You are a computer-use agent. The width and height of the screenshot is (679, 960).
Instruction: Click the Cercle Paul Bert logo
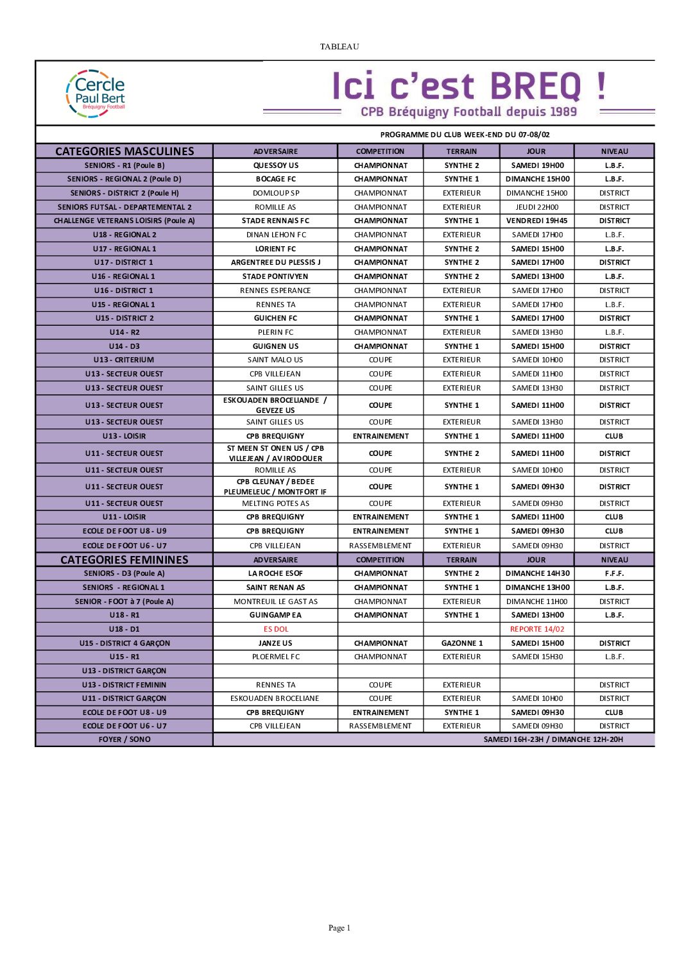click(x=96, y=94)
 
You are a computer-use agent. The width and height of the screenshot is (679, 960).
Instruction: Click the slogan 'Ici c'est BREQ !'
click(x=468, y=86)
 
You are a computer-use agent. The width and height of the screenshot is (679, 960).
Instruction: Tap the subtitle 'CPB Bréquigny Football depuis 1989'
click(x=468, y=112)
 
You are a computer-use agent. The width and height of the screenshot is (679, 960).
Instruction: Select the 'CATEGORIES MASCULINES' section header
click(x=125, y=151)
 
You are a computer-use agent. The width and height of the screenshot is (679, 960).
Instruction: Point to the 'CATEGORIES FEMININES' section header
click(x=125, y=560)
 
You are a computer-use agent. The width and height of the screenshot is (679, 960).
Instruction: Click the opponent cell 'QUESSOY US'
click(x=275, y=165)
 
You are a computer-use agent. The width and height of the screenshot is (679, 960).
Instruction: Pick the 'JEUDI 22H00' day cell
click(x=537, y=207)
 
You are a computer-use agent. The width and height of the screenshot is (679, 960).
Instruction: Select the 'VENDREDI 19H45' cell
click(x=537, y=221)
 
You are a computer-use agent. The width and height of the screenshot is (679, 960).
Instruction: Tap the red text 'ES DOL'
click(x=275, y=629)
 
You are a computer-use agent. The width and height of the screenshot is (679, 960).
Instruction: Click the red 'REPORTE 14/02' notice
click(x=537, y=629)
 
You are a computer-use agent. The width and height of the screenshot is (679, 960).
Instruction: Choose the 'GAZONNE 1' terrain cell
click(x=461, y=643)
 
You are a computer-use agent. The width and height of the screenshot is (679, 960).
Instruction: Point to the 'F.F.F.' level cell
click(x=614, y=573)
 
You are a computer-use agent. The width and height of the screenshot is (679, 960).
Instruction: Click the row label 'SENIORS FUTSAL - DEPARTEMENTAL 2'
click(x=125, y=207)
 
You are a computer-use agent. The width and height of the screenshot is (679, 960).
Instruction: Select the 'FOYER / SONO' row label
click(x=125, y=739)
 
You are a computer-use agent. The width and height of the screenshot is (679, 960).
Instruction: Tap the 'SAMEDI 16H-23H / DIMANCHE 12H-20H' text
click(x=553, y=739)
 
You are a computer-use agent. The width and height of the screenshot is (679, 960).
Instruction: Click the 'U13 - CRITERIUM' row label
click(x=125, y=360)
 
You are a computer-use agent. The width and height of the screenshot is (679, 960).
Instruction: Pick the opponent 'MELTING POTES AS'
click(x=275, y=503)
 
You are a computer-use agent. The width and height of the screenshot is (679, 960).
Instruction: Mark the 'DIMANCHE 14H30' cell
click(x=537, y=573)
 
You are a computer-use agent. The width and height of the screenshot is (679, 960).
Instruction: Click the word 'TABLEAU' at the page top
click(x=339, y=46)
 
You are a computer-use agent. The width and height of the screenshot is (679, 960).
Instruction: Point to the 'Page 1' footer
click(x=339, y=927)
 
